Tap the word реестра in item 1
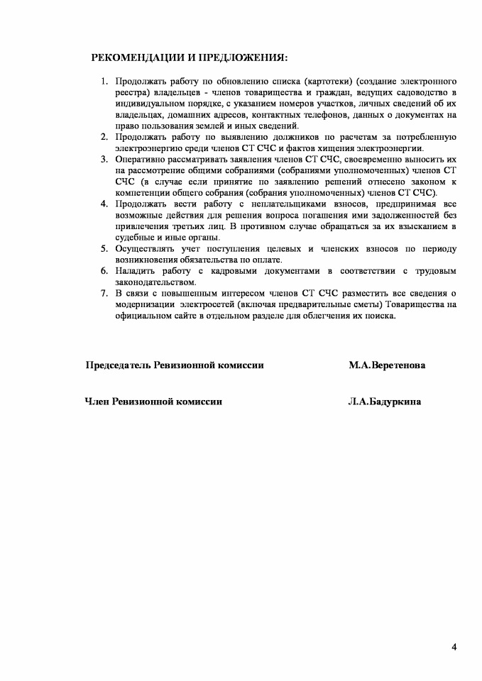(x=131, y=93)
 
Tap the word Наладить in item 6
(x=136, y=270)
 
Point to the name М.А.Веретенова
(x=387, y=365)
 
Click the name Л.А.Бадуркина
(x=384, y=402)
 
